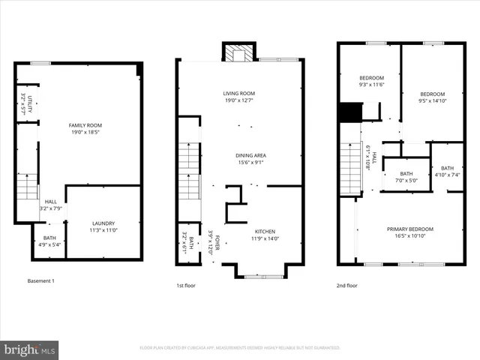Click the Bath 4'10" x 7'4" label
[x=447, y=172]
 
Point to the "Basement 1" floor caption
[x=40, y=280]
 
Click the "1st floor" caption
[x=187, y=285]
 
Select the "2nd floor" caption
[x=347, y=285]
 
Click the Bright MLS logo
[x=30, y=349]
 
